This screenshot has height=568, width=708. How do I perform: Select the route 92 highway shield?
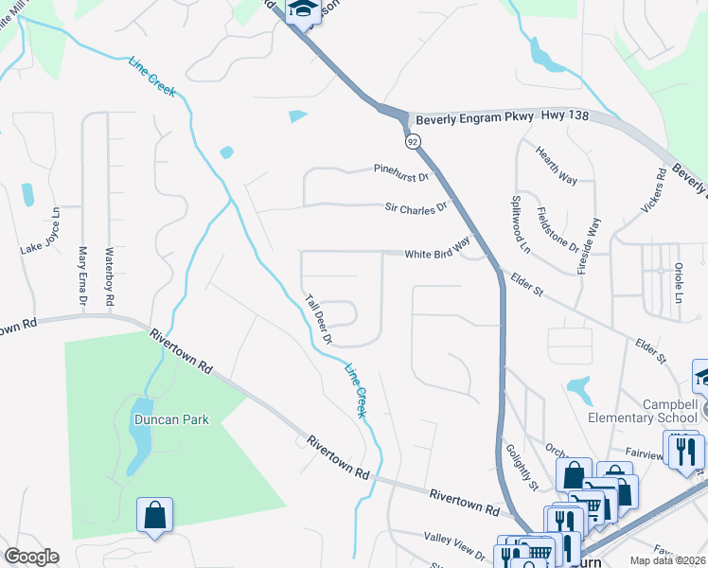(x=413, y=141)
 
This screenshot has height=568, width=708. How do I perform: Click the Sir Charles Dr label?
(x=415, y=206)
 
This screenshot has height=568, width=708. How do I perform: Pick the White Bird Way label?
(x=437, y=251)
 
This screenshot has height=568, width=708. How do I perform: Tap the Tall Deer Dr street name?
(x=319, y=319)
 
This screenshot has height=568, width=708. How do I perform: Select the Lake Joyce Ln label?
(x=41, y=231)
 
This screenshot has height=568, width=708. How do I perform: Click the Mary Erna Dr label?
(x=83, y=276)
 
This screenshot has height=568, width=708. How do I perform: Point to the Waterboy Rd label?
(x=110, y=275)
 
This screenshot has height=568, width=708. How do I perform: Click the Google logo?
(x=31, y=557)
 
